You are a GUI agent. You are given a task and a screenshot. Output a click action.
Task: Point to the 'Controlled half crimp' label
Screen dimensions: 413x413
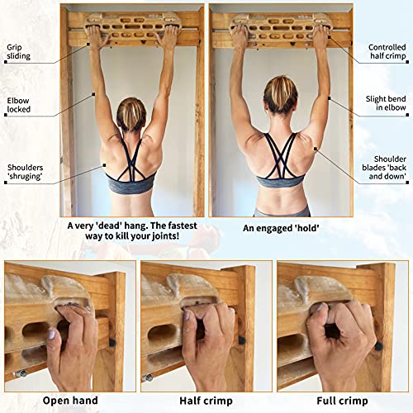click(386, 55)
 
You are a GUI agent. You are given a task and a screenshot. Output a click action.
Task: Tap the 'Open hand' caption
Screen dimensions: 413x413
click(69, 401)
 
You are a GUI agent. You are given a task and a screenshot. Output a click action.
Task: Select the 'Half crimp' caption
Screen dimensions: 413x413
click(206, 401)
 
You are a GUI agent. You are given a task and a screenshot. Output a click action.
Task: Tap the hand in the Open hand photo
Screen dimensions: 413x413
click(74, 347)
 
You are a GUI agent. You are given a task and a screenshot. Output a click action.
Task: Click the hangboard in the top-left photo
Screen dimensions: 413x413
click(132, 26)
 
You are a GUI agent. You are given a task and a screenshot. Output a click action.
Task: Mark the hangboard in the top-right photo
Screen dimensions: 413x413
click(281, 26)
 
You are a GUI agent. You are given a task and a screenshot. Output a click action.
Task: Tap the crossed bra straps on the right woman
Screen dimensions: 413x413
click(282, 157)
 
